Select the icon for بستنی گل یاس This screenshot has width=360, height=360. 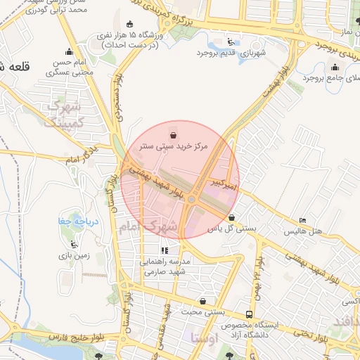point(231,217)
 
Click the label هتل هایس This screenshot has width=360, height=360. point(303,231)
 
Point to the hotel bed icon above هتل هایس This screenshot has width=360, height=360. point(303,221)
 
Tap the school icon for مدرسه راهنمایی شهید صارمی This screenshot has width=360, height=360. point(165,250)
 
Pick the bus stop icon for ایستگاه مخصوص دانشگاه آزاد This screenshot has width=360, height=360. point(249,314)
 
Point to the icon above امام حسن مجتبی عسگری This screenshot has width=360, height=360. point(69,51)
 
